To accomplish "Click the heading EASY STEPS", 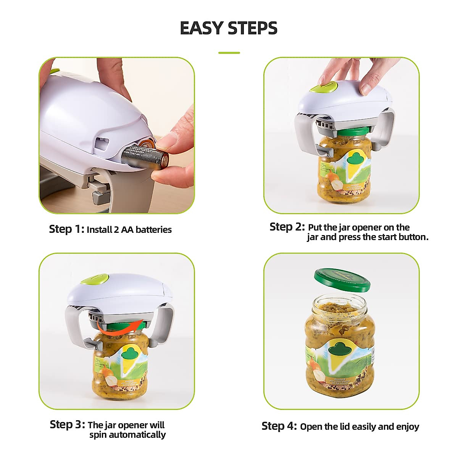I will (228, 28).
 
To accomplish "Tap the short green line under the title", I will (229, 53).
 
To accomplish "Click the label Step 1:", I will (66, 229).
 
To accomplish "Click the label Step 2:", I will (287, 227).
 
